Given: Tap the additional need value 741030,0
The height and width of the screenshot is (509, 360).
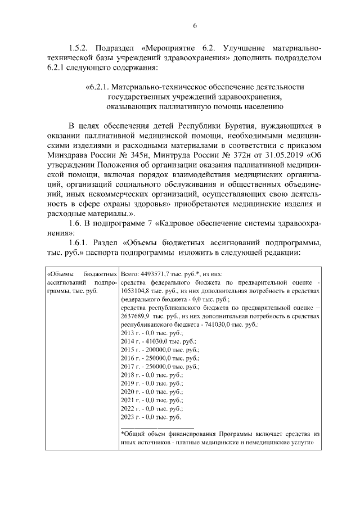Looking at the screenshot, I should pos(208,326).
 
